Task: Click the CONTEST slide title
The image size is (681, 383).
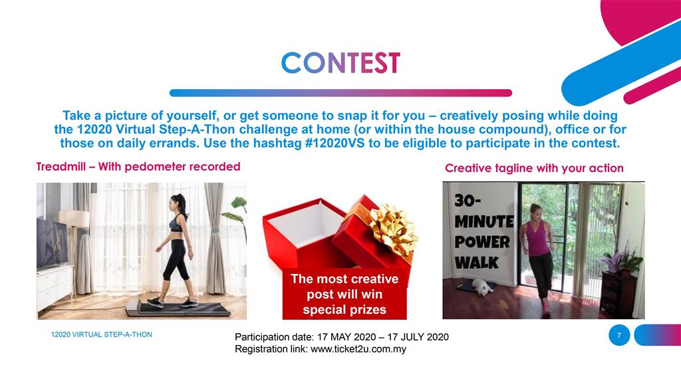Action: click(340, 63)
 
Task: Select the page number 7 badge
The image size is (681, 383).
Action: click(618, 336)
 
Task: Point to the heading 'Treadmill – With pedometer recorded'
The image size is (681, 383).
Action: click(138, 167)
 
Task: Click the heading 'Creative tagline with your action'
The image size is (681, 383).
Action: click(534, 168)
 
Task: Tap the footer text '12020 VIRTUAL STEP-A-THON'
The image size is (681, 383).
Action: click(101, 334)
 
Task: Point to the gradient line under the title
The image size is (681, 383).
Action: click(340, 93)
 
